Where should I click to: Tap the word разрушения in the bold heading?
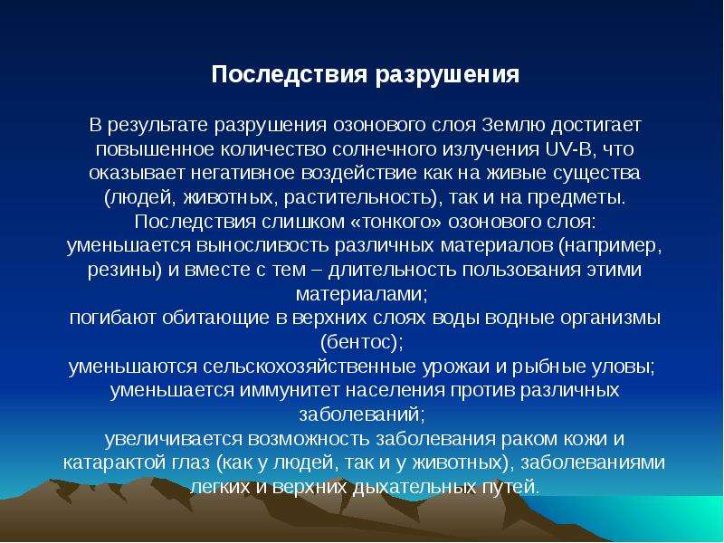pos(447,76)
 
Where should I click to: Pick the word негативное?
pos(243,173)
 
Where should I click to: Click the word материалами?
pos(362,294)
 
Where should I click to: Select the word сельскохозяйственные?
pos(309,367)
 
